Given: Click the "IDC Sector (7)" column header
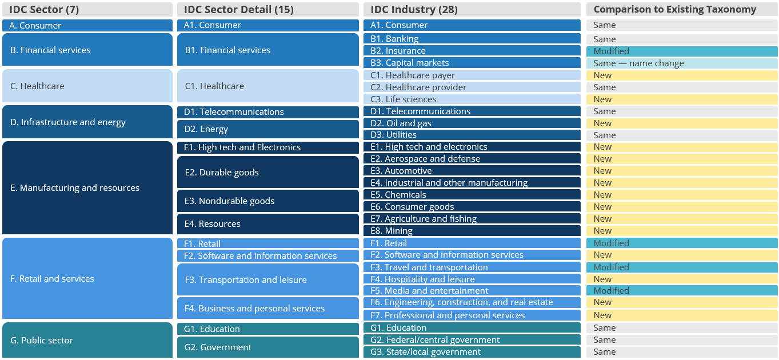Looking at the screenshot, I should (87, 9).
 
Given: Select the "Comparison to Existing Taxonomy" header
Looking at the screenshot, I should (682, 9).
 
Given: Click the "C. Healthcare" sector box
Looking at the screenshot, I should (87, 86).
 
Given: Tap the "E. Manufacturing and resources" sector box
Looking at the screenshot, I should (87, 187).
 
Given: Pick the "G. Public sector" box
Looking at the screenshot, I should (87, 340).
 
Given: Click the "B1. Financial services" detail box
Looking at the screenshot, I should (267, 50).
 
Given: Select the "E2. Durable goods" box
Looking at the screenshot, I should (267, 172).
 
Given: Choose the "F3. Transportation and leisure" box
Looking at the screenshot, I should (267, 279).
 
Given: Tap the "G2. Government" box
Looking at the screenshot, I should (267, 347).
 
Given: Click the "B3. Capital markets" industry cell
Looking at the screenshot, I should (472, 63).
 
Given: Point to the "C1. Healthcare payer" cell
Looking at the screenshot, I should (472, 75).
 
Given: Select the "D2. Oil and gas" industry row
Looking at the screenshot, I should (472, 123).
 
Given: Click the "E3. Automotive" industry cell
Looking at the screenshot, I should (472, 171).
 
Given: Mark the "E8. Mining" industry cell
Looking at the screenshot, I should (472, 231).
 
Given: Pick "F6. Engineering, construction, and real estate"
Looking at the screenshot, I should (472, 302).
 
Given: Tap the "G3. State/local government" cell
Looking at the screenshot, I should (472, 352).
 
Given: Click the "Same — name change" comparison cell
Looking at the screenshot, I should (682, 63).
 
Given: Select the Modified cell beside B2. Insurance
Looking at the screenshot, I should (682, 51).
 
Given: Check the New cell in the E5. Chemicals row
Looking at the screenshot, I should (682, 195).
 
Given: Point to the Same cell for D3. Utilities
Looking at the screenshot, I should (682, 135).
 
